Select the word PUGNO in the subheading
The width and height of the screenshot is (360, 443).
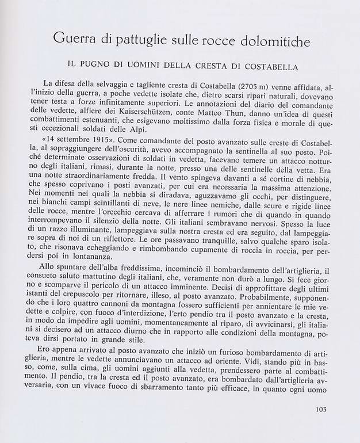click(x=107, y=67)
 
